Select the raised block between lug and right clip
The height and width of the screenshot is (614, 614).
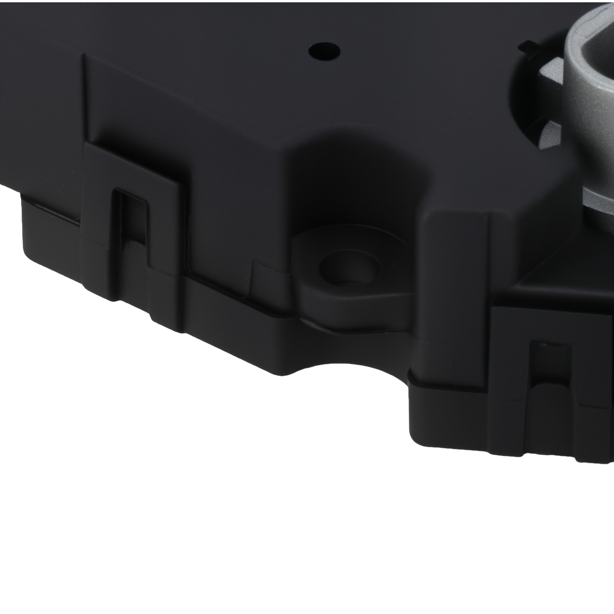pyautogui.click(x=457, y=269)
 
